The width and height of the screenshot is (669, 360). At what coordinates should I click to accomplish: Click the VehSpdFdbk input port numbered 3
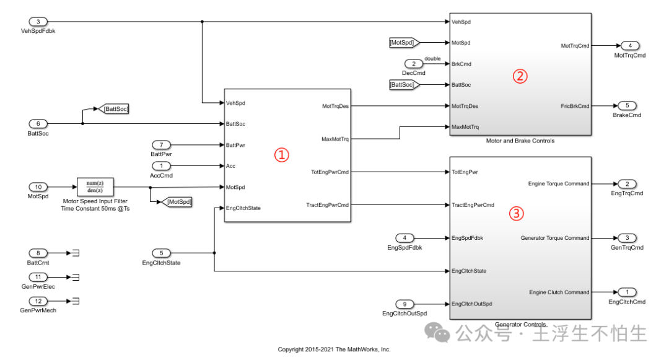38,22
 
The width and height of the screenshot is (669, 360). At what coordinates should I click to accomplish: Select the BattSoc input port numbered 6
38,123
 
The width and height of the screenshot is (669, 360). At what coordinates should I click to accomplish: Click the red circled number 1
282,156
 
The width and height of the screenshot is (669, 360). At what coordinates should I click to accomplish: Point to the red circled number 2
520,76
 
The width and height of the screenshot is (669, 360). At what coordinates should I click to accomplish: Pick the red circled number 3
517,213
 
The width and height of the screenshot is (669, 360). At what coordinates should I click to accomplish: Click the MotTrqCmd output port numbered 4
629,46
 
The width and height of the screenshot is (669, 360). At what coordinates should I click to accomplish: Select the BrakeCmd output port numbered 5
627,106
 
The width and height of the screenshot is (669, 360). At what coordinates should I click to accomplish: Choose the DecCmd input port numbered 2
413,64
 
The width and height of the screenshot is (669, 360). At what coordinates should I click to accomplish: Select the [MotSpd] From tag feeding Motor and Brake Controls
404,43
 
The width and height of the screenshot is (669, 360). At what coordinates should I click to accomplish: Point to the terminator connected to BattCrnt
77,253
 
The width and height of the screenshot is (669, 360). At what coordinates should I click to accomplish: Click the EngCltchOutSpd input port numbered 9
404,304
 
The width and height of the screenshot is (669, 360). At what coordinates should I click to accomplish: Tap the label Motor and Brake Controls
520,141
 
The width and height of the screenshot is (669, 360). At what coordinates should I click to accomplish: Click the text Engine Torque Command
558,183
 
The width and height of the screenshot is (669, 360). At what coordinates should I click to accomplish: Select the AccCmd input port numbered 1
161,166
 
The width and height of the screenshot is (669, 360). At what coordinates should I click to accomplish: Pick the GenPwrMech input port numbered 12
38,301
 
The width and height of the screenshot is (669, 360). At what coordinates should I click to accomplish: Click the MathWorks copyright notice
334,349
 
